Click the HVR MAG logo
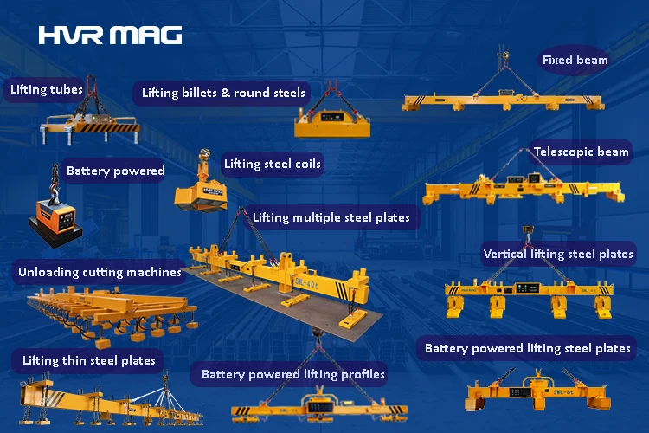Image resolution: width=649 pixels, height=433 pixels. coord(110,35)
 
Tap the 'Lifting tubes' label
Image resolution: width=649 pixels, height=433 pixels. coord(47,89)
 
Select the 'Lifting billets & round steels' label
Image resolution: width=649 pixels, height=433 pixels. coord(223,93)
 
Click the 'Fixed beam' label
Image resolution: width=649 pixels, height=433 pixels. coord(575,61)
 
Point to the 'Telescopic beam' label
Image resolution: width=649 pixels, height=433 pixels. coord(581,152)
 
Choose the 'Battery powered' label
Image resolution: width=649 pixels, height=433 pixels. coord(115,171)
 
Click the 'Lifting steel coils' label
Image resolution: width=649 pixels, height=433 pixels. coord(272,164)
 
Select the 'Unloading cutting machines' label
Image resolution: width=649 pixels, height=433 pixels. coord(100,272)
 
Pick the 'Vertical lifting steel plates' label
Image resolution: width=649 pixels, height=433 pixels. coord(558,255)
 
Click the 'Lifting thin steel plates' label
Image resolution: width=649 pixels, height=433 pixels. coord(89,359)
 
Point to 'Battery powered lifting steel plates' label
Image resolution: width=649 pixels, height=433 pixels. coord(527,349)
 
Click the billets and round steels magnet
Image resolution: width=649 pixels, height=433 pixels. coord(332,121)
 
